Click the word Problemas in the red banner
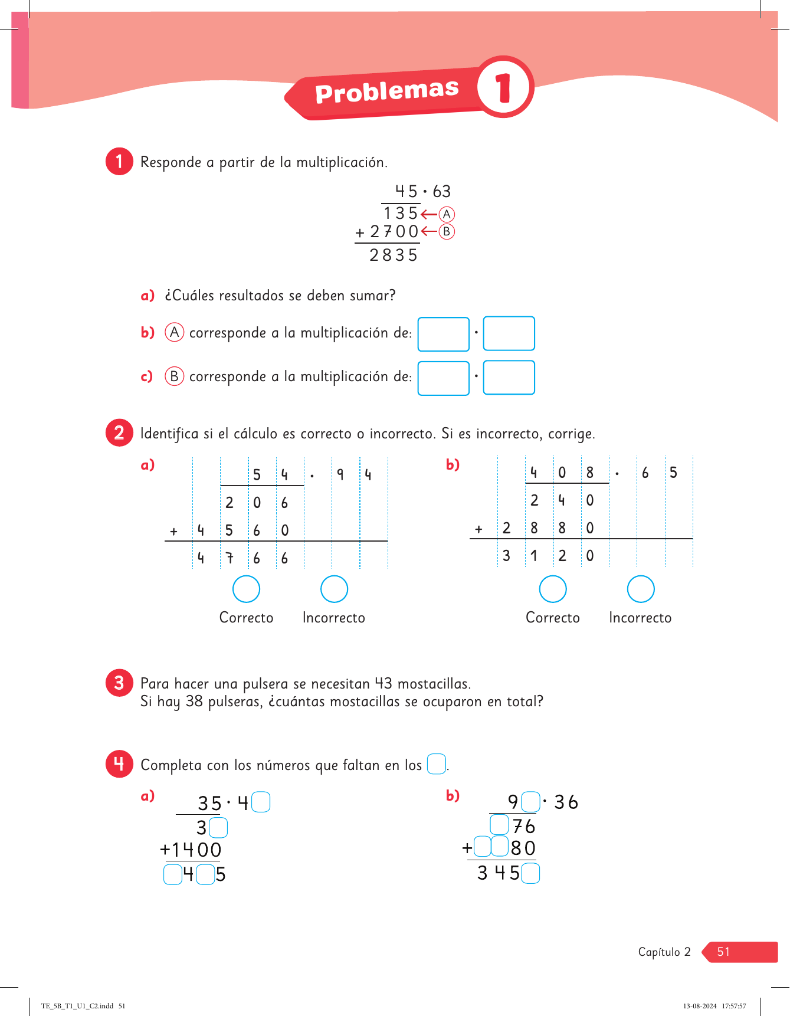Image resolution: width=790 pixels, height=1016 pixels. tap(386, 92)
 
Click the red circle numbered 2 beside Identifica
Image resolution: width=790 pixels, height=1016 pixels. tap(119, 433)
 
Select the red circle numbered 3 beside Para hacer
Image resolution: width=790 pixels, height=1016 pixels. tap(119, 683)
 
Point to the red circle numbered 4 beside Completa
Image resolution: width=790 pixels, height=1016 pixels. tap(119, 764)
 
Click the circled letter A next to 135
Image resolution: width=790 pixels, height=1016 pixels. tap(447, 214)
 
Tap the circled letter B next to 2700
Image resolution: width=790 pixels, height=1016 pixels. tap(447, 232)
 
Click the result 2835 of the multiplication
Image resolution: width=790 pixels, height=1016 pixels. tap(394, 255)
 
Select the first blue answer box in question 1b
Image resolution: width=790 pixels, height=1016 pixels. tap(443, 334)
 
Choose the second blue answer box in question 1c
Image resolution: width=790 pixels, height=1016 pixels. tap(509, 378)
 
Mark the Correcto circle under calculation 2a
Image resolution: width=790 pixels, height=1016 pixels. tap(246, 589)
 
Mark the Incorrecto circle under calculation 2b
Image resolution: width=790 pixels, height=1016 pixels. tap(640, 589)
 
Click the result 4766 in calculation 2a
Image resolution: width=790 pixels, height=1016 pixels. tap(242, 558)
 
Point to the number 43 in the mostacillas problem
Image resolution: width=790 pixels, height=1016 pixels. tap(383, 684)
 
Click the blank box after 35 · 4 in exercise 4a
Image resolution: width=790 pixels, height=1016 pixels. tap(261, 802)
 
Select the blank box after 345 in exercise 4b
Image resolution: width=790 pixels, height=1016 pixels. tap(530, 873)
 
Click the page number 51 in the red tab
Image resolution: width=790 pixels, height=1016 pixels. tap(723, 952)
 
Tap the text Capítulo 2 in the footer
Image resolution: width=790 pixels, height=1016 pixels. tap(664, 952)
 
